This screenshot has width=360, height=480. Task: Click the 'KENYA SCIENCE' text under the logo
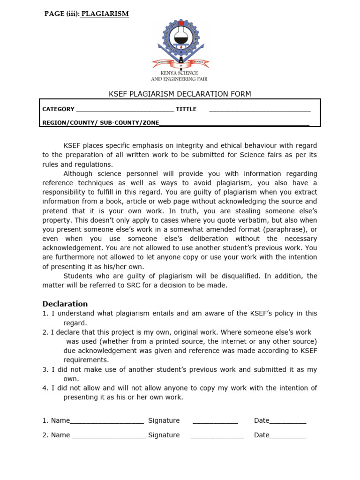[x=180, y=73]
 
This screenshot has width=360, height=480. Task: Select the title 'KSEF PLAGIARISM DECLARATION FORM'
[x=180, y=94]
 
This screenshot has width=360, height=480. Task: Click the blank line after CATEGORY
[x=124, y=110]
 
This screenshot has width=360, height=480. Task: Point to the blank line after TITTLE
[x=260, y=110]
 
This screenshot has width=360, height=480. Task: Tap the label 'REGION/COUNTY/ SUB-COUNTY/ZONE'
[x=100, y=123]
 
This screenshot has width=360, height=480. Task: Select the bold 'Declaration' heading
[x=65, y=304]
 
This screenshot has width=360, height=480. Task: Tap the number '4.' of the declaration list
[x=45, y=388]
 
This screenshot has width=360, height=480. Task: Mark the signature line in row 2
[x=217, y=435]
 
